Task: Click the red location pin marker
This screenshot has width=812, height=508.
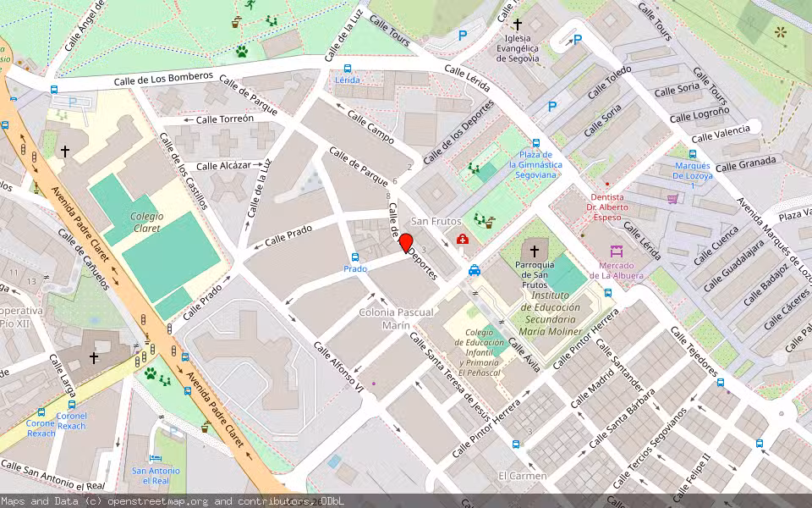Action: (406, 243)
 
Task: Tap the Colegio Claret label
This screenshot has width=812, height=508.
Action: (147, 222)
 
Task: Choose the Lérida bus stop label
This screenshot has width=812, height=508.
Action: (348, 80)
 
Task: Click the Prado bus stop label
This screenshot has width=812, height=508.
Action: (355, 268)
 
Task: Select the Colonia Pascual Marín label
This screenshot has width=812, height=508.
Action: (396, 318)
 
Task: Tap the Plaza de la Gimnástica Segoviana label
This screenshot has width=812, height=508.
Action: (536, 164)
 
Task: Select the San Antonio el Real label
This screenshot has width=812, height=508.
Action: (156, 476)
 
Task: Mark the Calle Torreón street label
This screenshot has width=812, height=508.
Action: (224, 119)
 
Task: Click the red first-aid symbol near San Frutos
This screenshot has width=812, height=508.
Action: (463, 240)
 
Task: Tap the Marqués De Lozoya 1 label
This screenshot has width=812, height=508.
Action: (693, 175)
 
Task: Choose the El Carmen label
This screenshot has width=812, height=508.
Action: (522, 476)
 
